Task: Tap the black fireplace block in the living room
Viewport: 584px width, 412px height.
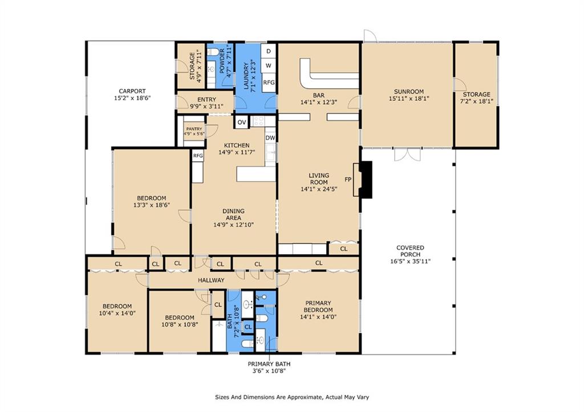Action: point(367,180)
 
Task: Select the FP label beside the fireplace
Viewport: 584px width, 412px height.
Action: point(348,180)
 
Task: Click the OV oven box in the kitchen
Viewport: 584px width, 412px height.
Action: point(242,122)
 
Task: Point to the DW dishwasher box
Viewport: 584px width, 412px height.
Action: point(270,138)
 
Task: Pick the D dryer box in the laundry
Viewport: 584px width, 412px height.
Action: point(269,51)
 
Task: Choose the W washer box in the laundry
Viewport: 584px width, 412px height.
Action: point(269,66)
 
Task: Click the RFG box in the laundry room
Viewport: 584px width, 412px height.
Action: point(269,82)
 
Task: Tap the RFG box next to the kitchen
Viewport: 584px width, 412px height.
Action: point(198,156)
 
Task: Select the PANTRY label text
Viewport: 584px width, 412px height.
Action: point(194,129)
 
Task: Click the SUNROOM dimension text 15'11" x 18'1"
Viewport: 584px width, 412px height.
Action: point(409,99)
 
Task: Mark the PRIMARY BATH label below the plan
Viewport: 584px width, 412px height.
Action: point(269,364)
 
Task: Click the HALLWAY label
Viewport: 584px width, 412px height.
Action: point(211,280)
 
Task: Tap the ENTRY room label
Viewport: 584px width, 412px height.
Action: point(206,99)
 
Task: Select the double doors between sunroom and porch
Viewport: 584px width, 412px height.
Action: point(407,154)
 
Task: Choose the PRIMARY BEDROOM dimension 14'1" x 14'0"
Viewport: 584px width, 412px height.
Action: point(318,317)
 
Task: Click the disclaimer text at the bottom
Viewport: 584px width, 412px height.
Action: point(292,397)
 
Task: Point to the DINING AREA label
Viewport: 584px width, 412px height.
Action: point(233,214)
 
